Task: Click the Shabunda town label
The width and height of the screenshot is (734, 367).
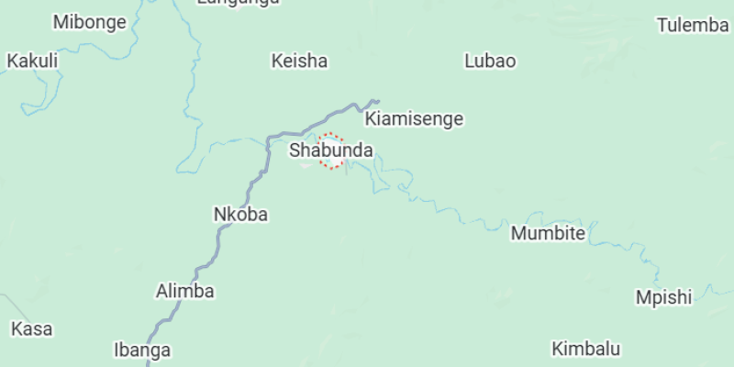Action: click(x=331, y=149)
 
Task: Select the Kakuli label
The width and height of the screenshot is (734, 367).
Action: click(x=32, y=61)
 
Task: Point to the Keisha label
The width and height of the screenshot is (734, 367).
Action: click(x=299, y=61)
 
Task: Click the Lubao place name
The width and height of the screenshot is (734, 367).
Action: click(x=490, y=61)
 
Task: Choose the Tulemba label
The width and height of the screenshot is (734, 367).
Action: click(x=693, y=25)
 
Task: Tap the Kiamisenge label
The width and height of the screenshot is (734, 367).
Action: click(x=414, y=119)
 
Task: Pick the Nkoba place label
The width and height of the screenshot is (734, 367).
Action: click(x=240, y=214)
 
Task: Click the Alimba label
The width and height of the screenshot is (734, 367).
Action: click(x=184, y=292)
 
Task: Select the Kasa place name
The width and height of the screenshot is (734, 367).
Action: click(x=32, y=328)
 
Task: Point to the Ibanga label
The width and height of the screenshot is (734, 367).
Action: click(x=141, y=350)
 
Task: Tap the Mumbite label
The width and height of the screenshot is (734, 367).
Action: click(x=548, y=233)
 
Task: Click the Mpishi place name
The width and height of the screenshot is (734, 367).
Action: click(x=663, y=297)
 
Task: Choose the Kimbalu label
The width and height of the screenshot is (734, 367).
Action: click(x=585, y=349)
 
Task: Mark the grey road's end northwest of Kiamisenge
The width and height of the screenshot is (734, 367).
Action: click(x=376, y=100)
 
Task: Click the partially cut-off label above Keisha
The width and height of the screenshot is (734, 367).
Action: click(x=238, y=3)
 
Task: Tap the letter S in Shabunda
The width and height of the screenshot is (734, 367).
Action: click(x=295, y=149)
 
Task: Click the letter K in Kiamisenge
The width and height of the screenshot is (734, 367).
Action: click(x=371, y=119)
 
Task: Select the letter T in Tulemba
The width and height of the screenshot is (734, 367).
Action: click(x=662, y=25)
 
